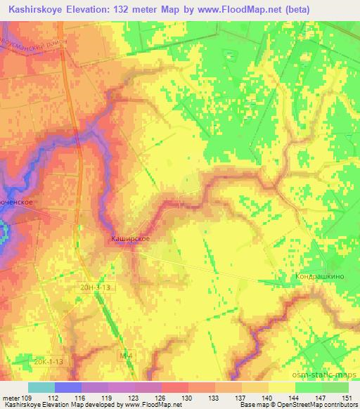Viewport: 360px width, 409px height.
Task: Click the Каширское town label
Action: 130,239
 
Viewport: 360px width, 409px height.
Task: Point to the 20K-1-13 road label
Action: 49,361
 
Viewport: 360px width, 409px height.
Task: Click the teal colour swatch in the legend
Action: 41,387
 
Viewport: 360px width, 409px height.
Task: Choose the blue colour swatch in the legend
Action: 68,387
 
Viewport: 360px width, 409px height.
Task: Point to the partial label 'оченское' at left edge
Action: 17,202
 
